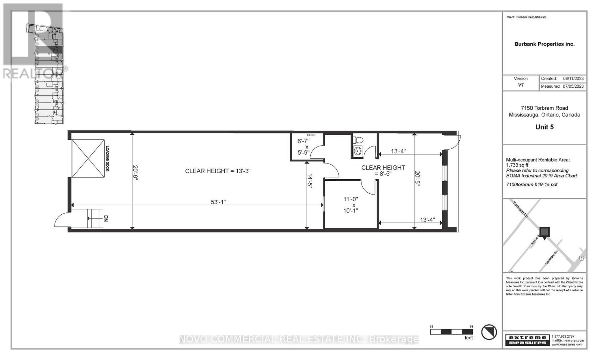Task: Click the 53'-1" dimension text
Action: coord(218,202)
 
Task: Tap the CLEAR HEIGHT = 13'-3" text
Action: coord(218,171)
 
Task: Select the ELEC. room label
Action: coord(311,135)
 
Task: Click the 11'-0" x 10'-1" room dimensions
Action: coord(351,205)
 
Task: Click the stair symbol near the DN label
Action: coord(95,218)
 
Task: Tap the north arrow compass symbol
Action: coord(488,332)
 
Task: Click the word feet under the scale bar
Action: coord(468,338)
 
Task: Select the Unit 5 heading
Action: coord(544,127)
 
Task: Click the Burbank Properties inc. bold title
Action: coord(544,44)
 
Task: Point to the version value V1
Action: coord(521,85)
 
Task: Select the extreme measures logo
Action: coord(527,340)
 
